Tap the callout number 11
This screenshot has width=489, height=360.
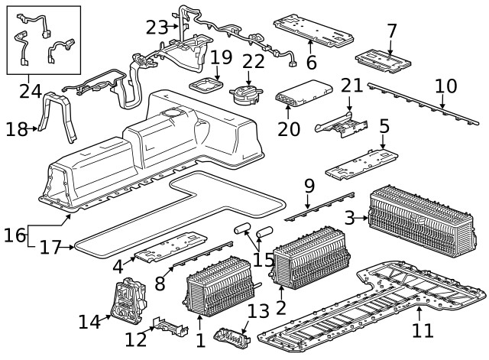tap(422, 330)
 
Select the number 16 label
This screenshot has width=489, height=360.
tap(14, 235)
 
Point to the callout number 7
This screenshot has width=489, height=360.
tap(391, 31)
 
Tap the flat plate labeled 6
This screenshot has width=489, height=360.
tap(313, 28)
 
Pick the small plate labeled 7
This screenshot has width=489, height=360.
tap(386, 57)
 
